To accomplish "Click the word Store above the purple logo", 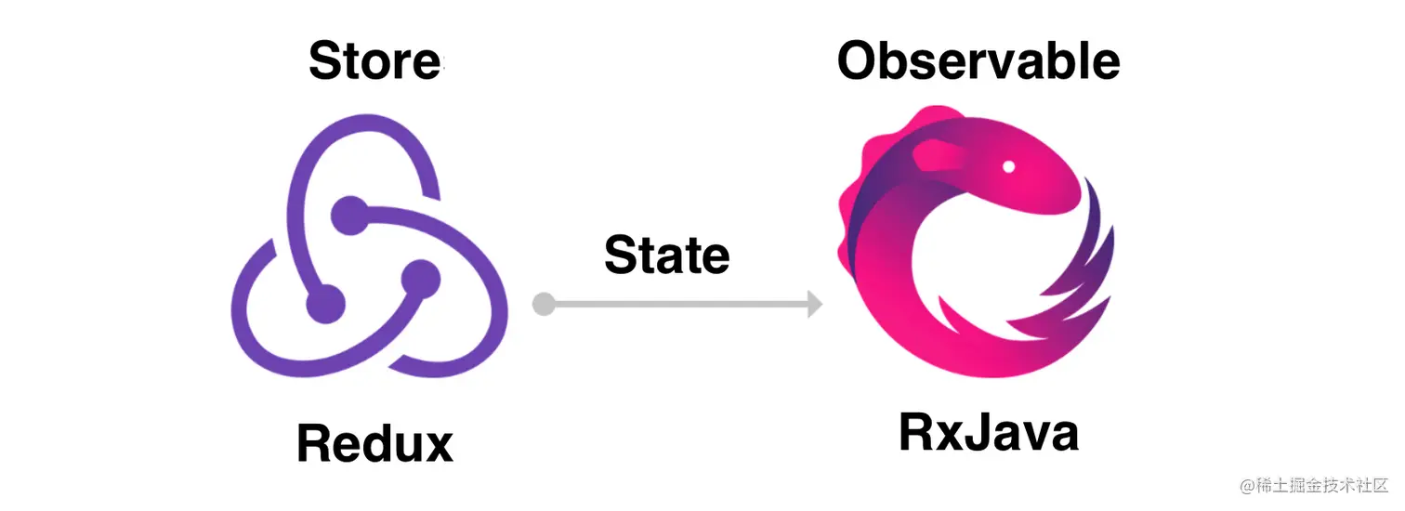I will pyautogui.click(x=374, y=61).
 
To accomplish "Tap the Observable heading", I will pyautogui.click(x=978, y=61).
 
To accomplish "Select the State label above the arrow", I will pyautogui.click(x=666, y=255).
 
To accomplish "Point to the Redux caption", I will pyautogui.click(x=374, y=443).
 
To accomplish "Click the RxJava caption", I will pyautogui.click(x=989, y=433).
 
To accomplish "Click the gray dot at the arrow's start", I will pyautogui.click(x=544, y=304).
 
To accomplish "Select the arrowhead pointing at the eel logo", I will pyautogui.click(x=814, y=304).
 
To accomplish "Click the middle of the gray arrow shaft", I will pyautogui.click(x=678, y=304).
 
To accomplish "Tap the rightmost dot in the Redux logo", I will pyautogui.click(x=419, y=278).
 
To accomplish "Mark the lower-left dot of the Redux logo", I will pyautogui.click(x=325, y=303).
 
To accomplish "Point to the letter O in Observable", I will pyautogui.click(x=860, y=61).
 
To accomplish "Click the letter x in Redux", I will pyautogui.click(x=434, y=445).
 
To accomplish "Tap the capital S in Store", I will pyautogui.click(x=325, y=61).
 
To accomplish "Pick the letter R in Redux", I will pyautogui.click(x=315, y=443).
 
